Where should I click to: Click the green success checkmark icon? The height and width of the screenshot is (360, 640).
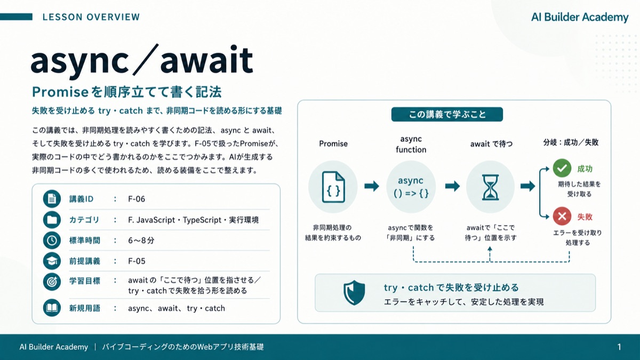[562, 168]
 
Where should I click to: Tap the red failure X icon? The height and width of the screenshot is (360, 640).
[562, 217]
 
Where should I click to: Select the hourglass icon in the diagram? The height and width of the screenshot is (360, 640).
[490, 187]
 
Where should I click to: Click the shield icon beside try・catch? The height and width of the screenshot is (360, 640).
[354, 293]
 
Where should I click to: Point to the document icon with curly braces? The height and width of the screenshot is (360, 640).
[333, 187]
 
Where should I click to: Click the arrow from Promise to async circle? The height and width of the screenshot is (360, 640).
[372, 186]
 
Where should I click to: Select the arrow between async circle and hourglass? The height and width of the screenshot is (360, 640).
[453, 186]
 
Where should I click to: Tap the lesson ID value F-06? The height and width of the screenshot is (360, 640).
[137, 199]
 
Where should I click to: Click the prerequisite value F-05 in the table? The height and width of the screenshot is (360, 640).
[137, 261]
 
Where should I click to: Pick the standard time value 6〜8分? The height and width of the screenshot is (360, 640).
[141, 241]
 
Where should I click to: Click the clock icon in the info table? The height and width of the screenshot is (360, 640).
[52, 241]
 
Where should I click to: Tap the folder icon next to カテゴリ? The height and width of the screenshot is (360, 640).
[52, 219]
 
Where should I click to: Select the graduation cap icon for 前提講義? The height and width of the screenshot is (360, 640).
[52, 261]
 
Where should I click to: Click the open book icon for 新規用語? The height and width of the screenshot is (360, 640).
[52, 308]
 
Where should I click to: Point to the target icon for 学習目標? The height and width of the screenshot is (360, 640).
[52, 282]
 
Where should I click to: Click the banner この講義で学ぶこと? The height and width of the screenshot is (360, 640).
[447, 114]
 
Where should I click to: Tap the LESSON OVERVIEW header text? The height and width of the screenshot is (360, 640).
[91, 17]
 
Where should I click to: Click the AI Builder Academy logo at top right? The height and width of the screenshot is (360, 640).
[580, 17]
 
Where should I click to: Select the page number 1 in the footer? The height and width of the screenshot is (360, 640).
[619, 347]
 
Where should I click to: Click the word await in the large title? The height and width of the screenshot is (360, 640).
[207, 60]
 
